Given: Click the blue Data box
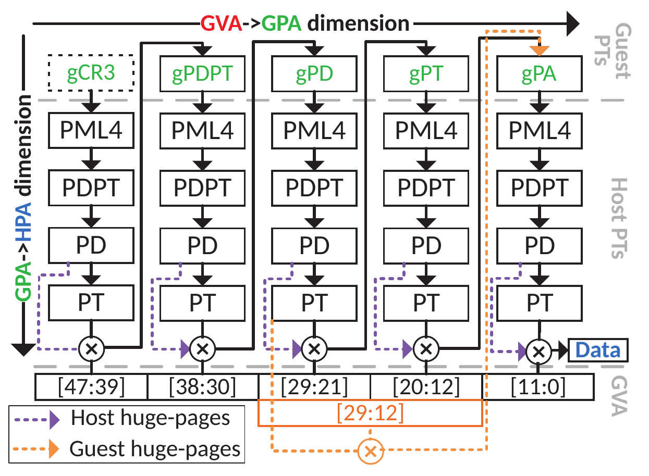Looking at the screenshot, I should (598, 350).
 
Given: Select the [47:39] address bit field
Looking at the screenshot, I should (91, 387).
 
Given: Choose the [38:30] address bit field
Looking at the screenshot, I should (203, 387).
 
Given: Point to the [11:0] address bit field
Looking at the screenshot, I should (539, 387).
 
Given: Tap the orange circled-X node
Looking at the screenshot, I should (371, 450).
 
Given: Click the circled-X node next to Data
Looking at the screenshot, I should (539, 350).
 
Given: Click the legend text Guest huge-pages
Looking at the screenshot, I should (155, 448).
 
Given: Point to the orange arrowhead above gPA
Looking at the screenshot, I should (539, 49).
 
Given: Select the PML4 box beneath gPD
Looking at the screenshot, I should (314, 130).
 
